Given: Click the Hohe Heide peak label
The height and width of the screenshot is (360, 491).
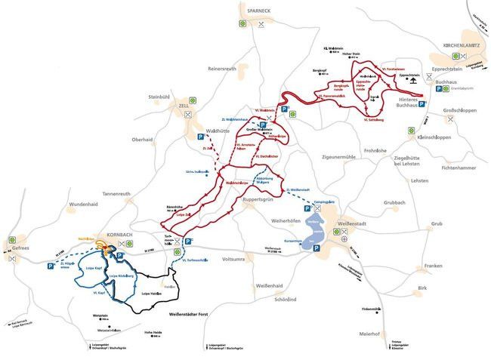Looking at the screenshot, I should point(153,331).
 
